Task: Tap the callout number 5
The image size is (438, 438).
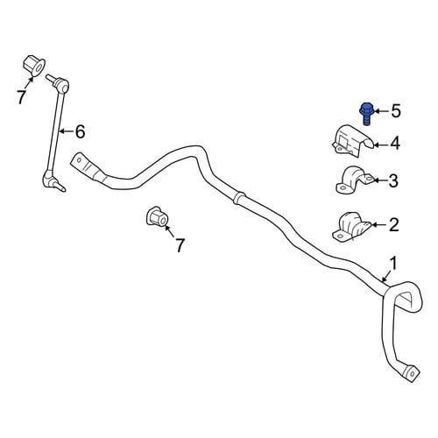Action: tap(396, 111)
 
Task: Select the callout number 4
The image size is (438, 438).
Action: tap(395, 144)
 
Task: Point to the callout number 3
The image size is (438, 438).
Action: tap(393, 180)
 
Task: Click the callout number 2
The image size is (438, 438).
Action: tap(394, 225)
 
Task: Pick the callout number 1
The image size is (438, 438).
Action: tap(394, 264)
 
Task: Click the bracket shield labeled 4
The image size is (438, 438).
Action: tap(353, 141)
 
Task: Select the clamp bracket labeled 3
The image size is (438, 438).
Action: tap(354, 180)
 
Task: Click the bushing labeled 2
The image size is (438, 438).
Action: tap(351, 226)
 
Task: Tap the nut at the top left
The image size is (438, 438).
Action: tap(33, 66)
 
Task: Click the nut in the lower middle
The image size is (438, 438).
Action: tap(157, 216)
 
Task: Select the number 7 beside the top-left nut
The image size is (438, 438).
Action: tap(21, 97)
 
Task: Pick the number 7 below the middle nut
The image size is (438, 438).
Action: tap(180, 245)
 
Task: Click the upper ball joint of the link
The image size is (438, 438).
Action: tap(60, 84)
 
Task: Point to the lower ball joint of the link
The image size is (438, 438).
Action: tap(50, 180)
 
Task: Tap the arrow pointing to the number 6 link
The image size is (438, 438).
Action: tap(67, 131)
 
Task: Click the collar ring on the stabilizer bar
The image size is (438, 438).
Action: tap(239, 198)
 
